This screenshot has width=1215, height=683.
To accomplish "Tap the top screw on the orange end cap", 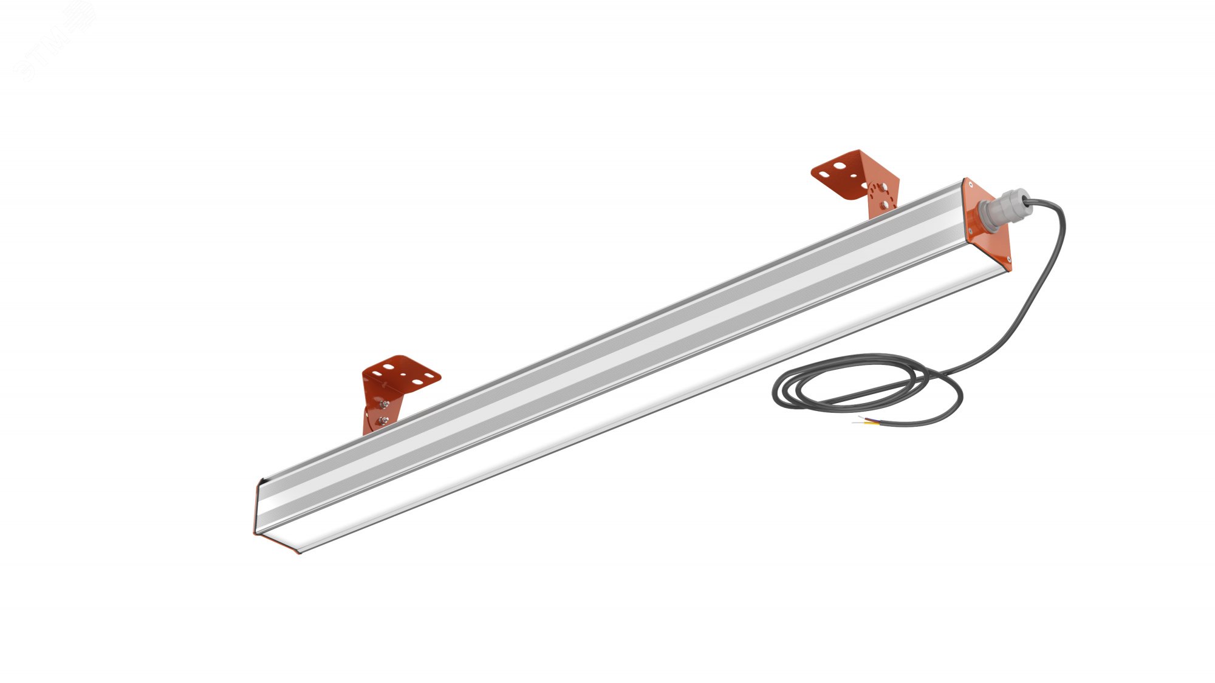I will coord(970,184).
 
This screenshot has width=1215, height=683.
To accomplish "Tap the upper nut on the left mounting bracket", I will coord(385,404).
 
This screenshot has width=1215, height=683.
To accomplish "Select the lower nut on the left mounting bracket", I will coord(383,420).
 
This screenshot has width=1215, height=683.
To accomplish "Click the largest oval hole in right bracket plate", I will coord(839,165).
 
